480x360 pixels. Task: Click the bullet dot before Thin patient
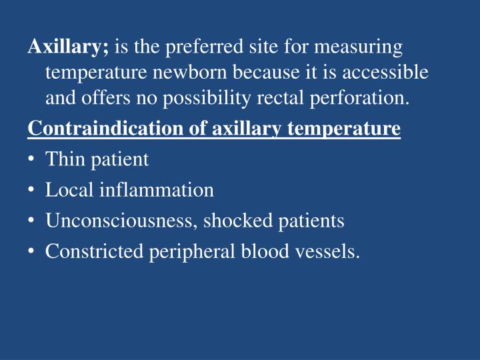coord(32,159)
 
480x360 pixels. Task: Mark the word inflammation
coord(157,190)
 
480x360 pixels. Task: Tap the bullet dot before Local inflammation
coord(32,191)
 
